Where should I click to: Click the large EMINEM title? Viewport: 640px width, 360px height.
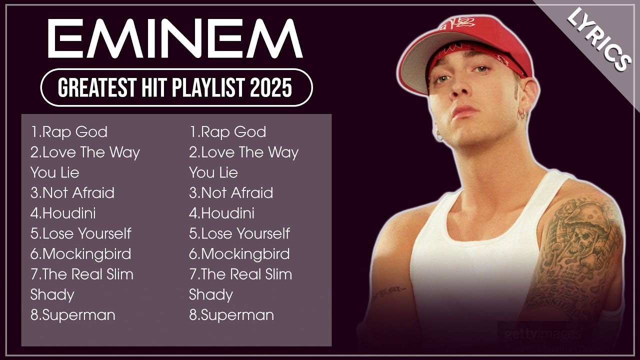(x=175, y=38)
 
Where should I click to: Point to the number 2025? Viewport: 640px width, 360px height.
(x=271, y=88)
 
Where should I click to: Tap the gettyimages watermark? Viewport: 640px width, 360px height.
(x=542, y=334)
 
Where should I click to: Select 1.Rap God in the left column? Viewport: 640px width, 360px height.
(x=69, y=132)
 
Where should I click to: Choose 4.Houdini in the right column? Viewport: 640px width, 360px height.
(x=221, y=213)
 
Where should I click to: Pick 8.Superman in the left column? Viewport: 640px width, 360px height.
(x=73, y=315)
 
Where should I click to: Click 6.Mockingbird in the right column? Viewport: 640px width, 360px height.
(x=239, y=254)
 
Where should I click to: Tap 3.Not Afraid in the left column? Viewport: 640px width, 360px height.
(x=72, y=193)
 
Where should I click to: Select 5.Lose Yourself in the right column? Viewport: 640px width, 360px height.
(x=239, y=233)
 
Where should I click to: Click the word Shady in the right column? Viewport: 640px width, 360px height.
(x=210, y=295)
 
